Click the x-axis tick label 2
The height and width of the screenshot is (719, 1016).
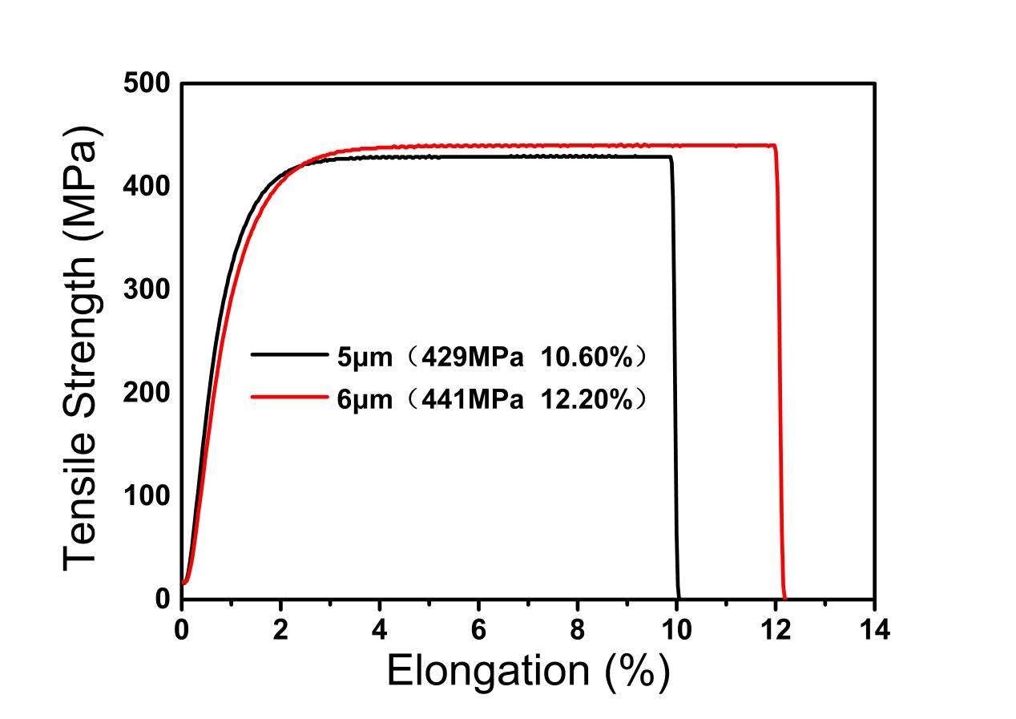pyautogui.click(x=280, y=628)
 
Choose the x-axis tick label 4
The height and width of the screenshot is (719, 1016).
pyautogui.click(x=380, y=628)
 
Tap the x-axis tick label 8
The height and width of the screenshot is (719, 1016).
pyautogui.click(x=578, y=628)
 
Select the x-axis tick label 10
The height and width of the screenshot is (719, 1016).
pyautogui.click(x=677, y=628)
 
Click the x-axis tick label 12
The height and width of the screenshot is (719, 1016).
pyautogui.click(x=776, y=628)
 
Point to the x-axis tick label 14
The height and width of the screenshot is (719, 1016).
pyautogui.click(x=874, y=628)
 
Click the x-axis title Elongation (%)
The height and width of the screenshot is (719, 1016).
pyautogui.click(x=527, y=672)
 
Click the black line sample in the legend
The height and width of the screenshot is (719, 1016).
pyautogui.click(x=288, y=353)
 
